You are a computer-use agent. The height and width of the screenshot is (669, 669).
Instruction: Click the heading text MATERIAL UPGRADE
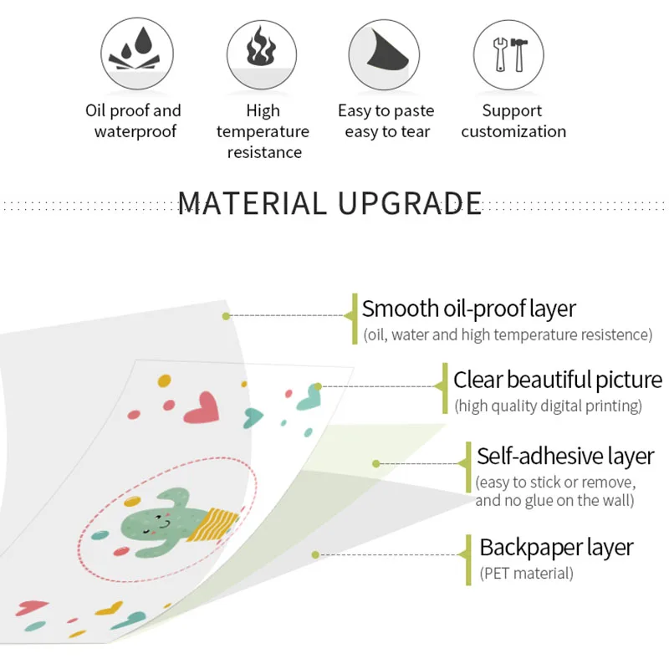330,203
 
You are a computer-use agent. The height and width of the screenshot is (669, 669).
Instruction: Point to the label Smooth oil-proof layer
468,309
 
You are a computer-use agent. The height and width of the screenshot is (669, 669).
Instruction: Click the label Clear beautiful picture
557,380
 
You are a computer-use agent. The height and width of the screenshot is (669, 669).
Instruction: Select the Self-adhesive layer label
565,457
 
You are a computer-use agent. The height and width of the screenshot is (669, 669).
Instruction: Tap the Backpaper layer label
556,548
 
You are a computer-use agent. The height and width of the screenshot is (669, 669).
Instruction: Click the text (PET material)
527,574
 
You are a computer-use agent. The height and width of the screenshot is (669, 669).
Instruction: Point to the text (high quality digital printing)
548,406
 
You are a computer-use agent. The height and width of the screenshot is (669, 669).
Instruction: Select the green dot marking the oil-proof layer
226,316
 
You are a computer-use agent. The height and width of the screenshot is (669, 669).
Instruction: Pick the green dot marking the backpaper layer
315,554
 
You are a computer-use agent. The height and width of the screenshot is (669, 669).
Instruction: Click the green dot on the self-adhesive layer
376,463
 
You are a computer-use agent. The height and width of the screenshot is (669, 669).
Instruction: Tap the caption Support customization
513,121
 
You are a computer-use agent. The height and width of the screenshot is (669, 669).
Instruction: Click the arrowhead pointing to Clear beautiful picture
440,386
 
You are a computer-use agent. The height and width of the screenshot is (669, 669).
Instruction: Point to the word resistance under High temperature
264,152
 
